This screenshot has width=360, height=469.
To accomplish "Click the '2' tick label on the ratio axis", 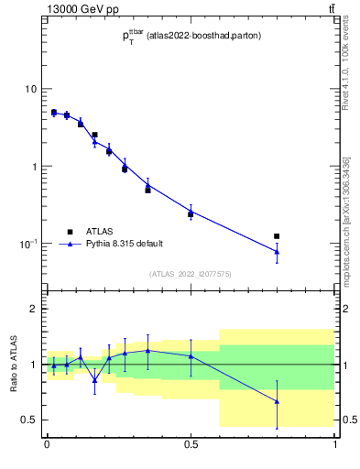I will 36,310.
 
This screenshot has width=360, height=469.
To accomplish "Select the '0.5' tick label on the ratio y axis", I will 30,420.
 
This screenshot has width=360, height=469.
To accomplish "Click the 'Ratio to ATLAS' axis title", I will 13,365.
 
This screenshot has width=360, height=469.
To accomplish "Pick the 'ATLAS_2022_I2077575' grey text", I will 191,274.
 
